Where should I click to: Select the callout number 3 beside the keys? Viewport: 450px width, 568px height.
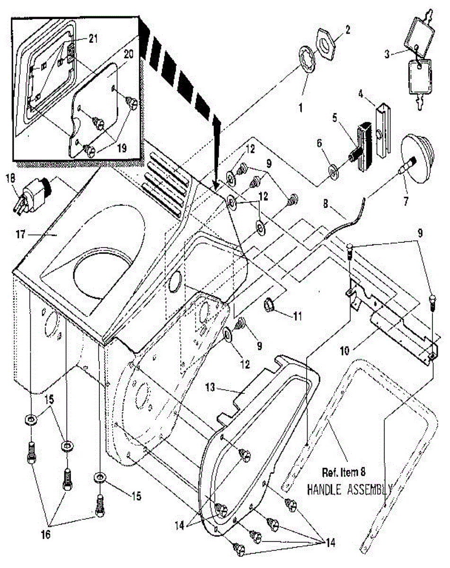tap(388, 54)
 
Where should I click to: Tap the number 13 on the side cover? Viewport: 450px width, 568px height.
tap(210, 387)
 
